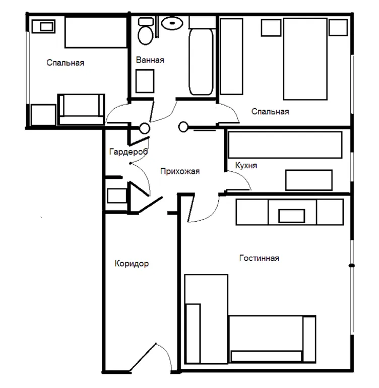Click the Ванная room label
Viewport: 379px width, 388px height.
[150, 60]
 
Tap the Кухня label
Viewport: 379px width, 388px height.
[246, 165]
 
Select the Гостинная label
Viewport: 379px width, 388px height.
[259, 258]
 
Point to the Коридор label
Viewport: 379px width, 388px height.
[132, 264]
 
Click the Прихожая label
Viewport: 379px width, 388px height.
[180, 171]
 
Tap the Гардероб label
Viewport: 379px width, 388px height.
[129, 152]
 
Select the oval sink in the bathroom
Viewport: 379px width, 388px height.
[172, 23]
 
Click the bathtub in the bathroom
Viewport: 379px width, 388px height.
[201, 62]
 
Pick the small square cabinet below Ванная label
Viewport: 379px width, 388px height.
[145, 81]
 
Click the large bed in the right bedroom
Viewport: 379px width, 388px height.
[305, 59]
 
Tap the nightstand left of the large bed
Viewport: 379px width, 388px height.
[271, 28]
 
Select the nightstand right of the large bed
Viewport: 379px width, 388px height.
[338, 28]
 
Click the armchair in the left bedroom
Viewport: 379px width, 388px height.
[81, 109]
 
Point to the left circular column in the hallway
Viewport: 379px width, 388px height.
[145, 128]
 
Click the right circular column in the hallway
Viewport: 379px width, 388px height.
[183, 127]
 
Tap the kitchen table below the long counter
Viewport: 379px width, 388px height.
[309, 180]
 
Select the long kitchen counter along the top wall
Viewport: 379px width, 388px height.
[285, 145]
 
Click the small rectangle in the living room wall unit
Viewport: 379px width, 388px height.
[292, 216]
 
